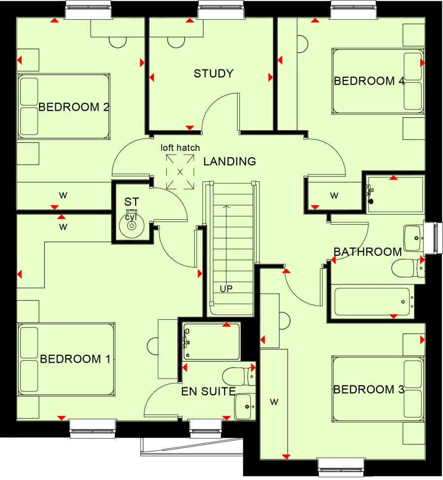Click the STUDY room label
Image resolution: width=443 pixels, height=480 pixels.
[213, 74]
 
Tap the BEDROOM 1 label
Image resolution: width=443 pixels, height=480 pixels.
[75, 359]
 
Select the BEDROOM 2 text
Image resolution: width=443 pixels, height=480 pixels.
[73, 107]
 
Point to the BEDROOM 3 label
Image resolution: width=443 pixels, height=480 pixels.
[369, 390]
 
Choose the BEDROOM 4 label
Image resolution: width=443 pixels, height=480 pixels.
[369, 81]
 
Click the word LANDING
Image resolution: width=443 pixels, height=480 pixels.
[230, 161]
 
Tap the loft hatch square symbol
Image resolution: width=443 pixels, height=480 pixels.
[180, 171]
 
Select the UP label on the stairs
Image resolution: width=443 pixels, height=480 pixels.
[226, 289]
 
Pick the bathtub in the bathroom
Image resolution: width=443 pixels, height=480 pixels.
[373, 302]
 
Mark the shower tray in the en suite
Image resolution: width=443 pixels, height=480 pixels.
[212, 341]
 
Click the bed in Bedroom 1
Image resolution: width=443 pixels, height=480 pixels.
[66, 359]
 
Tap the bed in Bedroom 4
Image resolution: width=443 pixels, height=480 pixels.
[377, 81]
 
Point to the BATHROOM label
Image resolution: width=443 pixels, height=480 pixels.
[368, 252]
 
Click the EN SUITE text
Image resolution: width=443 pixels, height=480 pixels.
[208, 392]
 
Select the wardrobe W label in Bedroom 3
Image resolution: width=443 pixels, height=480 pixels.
[274, 402]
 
